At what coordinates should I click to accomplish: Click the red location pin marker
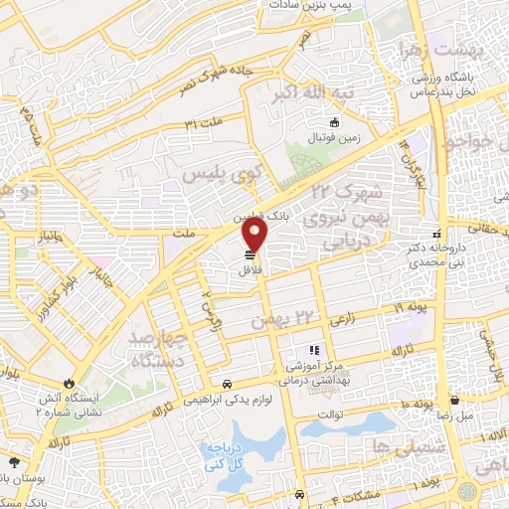256,237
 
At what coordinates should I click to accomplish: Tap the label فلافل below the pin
250,268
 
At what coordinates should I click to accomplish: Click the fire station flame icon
68,383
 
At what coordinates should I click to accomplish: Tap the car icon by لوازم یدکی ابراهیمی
229,384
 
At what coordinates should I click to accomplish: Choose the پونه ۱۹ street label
410,309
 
